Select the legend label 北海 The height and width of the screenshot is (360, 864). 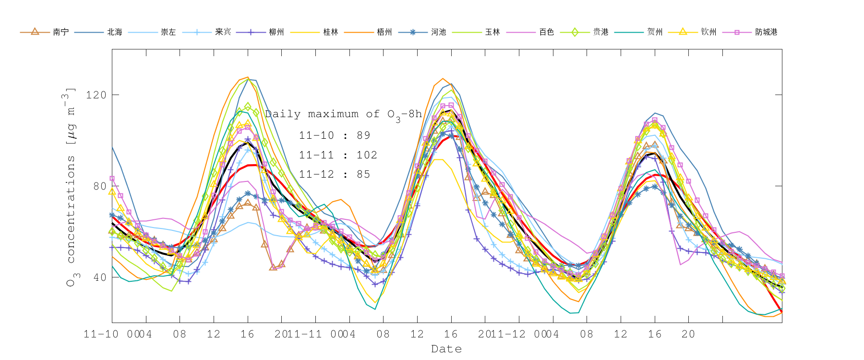coord(115,32)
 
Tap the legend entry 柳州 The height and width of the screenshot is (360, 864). coord(276,32)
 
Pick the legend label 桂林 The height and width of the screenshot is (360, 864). coord(331,32)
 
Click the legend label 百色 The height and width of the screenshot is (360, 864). coord(546,32)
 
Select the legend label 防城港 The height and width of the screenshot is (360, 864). coord(766,32)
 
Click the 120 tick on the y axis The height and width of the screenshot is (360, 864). coord(96,95)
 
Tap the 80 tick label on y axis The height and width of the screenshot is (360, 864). coord(99,186)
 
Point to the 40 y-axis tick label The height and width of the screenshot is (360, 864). coord(99,277)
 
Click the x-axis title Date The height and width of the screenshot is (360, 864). coord(446,349)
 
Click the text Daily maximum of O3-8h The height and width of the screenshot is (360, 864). coord(343,114)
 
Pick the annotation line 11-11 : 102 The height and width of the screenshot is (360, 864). coord(338,155)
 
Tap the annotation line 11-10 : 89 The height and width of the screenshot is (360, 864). coord(335,135)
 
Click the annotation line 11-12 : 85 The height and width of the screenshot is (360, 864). coord(335,174)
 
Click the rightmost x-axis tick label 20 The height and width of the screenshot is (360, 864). coord(688,334)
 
